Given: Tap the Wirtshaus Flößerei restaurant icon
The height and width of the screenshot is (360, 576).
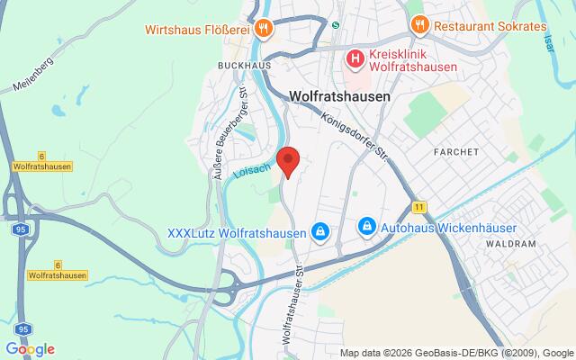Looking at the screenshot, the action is click(x=263, y=27).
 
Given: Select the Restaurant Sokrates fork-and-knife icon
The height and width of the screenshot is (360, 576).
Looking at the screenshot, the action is click(x=418, y=25).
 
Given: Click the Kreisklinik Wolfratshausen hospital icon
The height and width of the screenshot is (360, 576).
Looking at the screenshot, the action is click(x=355, y=60).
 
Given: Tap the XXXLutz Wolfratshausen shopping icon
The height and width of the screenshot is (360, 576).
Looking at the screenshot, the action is click(x=319, y=232).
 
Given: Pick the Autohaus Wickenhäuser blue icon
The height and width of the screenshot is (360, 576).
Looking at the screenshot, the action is click(x=366, y=224).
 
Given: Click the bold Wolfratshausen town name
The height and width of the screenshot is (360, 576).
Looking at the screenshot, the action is click(x=339, y=95).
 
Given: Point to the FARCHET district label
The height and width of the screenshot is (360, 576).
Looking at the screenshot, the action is click(x=455, y=152).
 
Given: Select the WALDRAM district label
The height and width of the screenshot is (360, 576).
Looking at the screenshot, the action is click(x=510, y=244).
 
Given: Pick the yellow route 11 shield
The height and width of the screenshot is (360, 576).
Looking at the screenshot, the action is click(x=419, y=207).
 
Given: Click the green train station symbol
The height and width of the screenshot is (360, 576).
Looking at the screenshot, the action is click(x=336, y=25).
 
